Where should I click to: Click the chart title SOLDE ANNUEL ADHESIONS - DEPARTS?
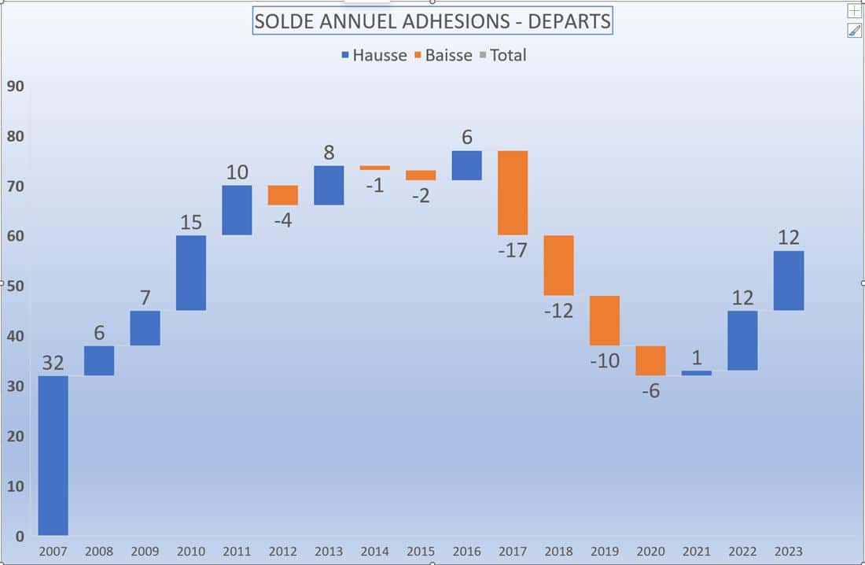pyautogui.click(x=432, y=21)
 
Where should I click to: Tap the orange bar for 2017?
pyautogui.click(x=513, y=193)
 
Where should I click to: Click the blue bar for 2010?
pyautogui.click(x=191, y=272)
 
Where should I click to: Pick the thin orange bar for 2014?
pyautogui.click(x=375, y=168)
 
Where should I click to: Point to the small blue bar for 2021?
pyautogui.click(x=697, y=373)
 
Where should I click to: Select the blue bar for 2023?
pyautogui.click(x=789, y=281)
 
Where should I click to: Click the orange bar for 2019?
pyautogui.click(x=605, y=320)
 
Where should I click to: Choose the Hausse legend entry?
pyautogui.click(x=374, y=55)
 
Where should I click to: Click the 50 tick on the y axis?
pyautogui.click(x=16, y=286)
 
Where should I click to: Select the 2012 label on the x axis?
pyautogui.click(x=283, y=552)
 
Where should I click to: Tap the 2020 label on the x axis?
pyautogui.click(x=650, y=552)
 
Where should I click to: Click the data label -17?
pyautogui.click(x=513, y=251)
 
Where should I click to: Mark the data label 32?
pyautogui.click(x=53, y=363)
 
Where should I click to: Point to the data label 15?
pyautogui.click(x=191, y=223)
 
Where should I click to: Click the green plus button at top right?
pyautogui.click(x=854, y=10)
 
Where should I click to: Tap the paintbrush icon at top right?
pyautogui.click(x=854, y=31)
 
